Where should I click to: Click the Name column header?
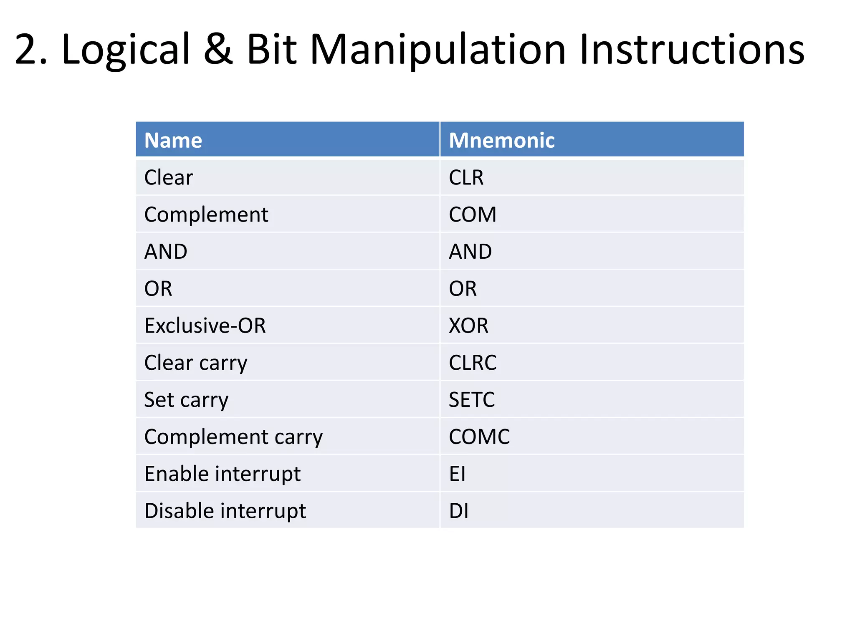173,140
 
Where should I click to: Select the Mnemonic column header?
501,140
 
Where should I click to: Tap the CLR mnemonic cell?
466,177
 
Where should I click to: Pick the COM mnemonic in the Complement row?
472,215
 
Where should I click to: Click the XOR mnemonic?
468,326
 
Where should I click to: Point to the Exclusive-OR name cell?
205,326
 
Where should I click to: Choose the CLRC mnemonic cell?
473,362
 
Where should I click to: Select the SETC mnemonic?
472,399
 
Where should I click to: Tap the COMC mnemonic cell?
479,437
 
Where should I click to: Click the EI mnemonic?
457,474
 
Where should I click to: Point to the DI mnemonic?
458,511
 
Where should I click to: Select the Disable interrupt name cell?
225,511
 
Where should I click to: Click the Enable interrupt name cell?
223,474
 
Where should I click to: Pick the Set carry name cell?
186,399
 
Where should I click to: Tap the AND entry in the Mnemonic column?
470,252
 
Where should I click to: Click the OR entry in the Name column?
158,288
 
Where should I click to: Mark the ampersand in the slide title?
218,49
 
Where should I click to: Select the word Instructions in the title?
692,49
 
